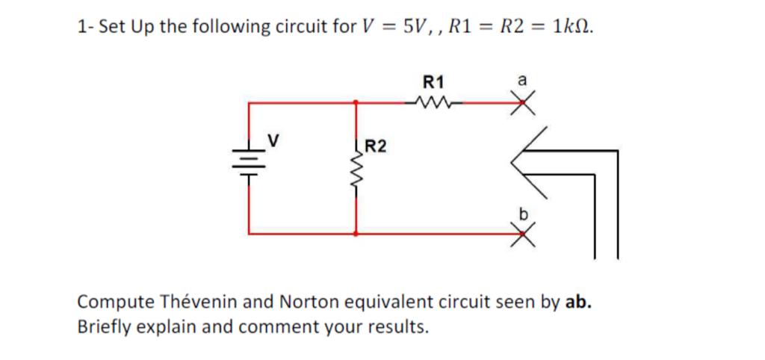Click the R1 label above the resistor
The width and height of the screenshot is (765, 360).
tap(433, 81)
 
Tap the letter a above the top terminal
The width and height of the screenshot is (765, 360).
tap(522, 79)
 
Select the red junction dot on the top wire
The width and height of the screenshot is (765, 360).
tap(355, 102)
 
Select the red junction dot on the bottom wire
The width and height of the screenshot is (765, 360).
tap(355, 234)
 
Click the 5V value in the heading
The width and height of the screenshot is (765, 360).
tap(418, 27)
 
